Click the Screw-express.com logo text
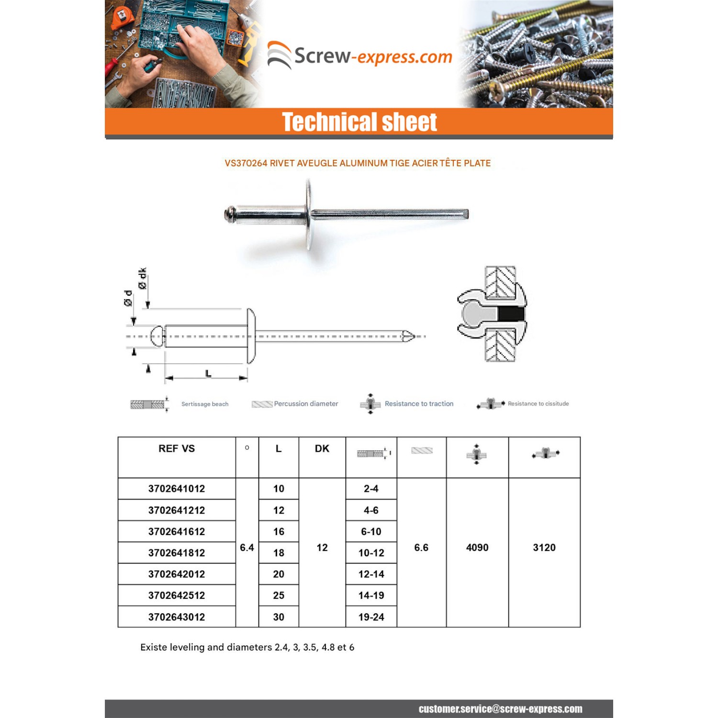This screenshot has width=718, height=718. click(373, 56)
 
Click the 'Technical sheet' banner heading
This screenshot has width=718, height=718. click(359, 122)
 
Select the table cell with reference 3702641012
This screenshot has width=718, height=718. click(177, 489)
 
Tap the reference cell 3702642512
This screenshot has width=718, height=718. click(177, 595)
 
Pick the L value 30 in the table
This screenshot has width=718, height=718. click(279, 617)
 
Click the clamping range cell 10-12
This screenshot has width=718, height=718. click(371, 553)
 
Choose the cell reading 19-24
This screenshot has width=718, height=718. click(371, 617)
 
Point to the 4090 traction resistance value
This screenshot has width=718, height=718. click(477, 548)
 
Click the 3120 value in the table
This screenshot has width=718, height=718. click(544, 548)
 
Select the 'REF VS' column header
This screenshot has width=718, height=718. click(177, 449)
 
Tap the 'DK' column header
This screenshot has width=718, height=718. click(322, 449)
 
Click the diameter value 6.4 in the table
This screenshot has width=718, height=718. click(247, 548)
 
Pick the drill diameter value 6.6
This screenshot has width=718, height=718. click(421, 548)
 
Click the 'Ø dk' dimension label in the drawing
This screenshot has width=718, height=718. click(142, 278)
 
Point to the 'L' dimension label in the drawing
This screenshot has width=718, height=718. click(208, 373)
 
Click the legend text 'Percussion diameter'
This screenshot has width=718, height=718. click(306, 404)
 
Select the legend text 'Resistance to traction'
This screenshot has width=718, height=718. click(419, 404)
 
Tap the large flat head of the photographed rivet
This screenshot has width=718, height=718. click(309, 214)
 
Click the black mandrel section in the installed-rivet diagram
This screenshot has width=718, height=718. click(511, 314)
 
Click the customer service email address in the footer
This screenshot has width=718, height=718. click(500, 709)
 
